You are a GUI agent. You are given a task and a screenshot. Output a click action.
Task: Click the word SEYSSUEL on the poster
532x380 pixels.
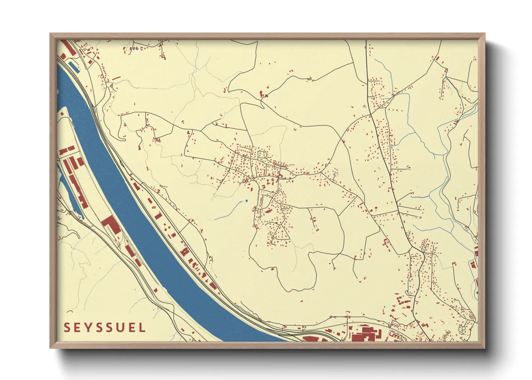pos(105,328)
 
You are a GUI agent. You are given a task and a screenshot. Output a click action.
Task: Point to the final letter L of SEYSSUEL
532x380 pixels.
pos(142,328)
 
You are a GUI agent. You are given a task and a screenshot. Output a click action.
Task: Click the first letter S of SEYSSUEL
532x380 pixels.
pos(67,328)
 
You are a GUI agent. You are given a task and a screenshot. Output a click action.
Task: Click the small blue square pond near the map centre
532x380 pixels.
pos(246,200)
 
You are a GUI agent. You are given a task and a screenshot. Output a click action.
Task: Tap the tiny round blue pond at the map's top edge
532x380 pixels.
pos(137,48)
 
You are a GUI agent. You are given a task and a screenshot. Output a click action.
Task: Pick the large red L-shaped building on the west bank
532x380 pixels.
pos(110,223)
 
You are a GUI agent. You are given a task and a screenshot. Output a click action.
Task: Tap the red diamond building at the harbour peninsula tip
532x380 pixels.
pos(62,114)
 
